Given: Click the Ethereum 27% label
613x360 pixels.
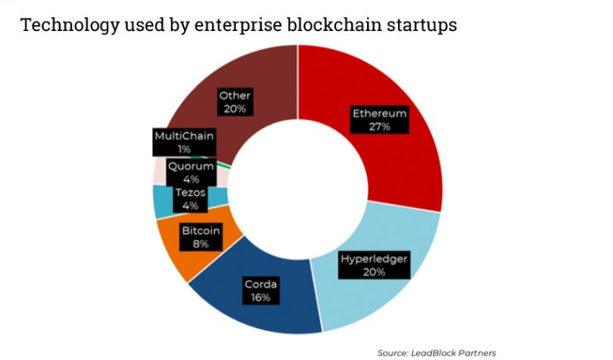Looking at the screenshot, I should (380, 119).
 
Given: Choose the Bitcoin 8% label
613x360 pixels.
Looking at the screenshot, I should (201, 237).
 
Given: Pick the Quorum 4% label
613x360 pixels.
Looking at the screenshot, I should (189, 172).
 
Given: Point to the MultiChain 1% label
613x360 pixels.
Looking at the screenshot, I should (184, 142).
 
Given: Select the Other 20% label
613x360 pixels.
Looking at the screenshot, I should (235, 102).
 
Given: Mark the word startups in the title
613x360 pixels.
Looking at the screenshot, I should (422, 25).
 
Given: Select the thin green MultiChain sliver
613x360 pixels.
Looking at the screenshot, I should (224, 164).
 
